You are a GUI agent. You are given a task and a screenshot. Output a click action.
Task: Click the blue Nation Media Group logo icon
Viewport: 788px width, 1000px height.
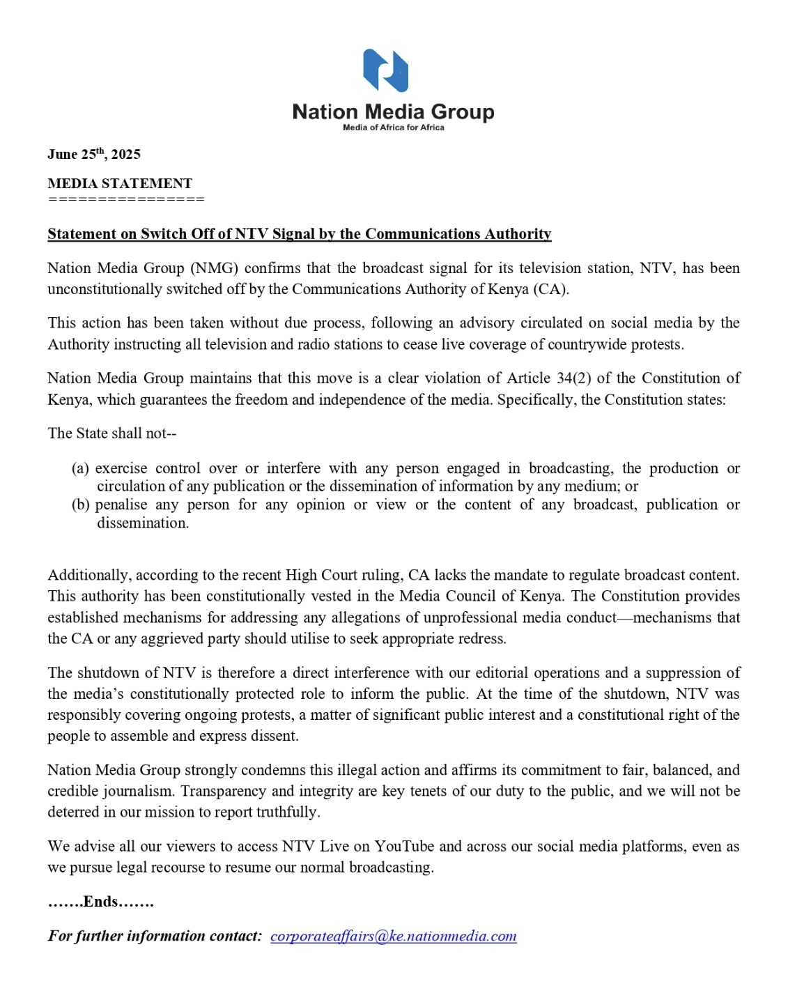[385, 70]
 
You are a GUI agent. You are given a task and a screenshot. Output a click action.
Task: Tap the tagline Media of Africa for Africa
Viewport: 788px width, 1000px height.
[393, 128]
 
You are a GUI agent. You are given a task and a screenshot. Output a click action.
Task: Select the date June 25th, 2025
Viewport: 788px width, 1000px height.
[94, 154]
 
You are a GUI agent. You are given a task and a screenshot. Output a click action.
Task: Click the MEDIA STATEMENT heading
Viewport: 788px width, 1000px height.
[120, 183]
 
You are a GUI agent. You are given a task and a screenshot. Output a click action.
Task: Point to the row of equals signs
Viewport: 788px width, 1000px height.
[126, 199]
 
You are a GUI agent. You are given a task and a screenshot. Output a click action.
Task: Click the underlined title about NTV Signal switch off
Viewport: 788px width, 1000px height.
[299, 234]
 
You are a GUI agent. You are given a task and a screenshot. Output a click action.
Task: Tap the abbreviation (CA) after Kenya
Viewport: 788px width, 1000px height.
[550, 289]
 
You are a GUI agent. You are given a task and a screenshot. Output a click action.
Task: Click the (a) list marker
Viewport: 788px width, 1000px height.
[80, 468]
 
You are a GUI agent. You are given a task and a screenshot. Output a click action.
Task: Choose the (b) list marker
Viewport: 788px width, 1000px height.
[80, 505]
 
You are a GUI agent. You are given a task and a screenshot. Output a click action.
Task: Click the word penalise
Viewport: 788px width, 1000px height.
[122, 505]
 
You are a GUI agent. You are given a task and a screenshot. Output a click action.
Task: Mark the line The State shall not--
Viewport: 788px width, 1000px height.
[112, 433]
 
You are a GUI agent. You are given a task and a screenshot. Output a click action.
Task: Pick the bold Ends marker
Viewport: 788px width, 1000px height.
[100, 902]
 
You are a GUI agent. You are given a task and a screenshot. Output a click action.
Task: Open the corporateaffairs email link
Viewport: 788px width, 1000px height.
[393, 936]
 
